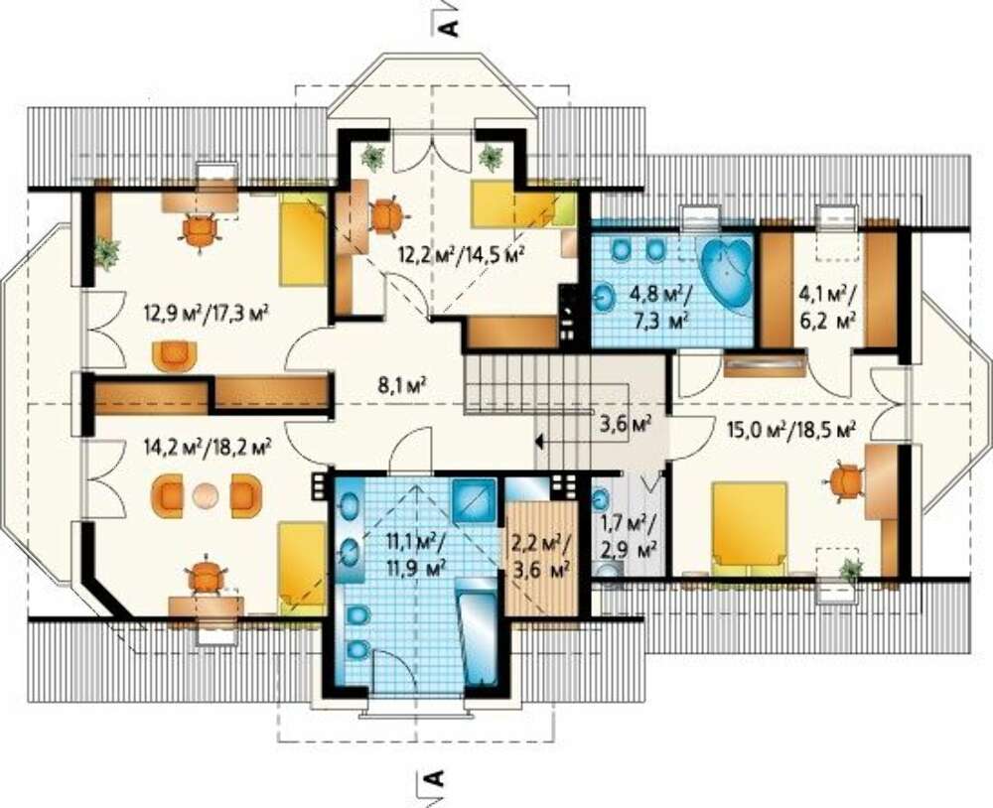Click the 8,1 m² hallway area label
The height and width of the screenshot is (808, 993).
coord(401,384)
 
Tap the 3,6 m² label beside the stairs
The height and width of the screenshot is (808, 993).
coord(626,423)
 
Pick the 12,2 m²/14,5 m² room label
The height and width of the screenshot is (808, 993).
coord(462,254)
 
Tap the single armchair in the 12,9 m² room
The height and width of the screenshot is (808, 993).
coord(173,356)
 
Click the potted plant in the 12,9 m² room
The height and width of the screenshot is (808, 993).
coord(106,253)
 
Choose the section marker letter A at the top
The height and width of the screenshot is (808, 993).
coord(449,28)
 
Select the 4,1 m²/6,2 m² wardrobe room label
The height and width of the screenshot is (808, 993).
coord(826,307)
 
